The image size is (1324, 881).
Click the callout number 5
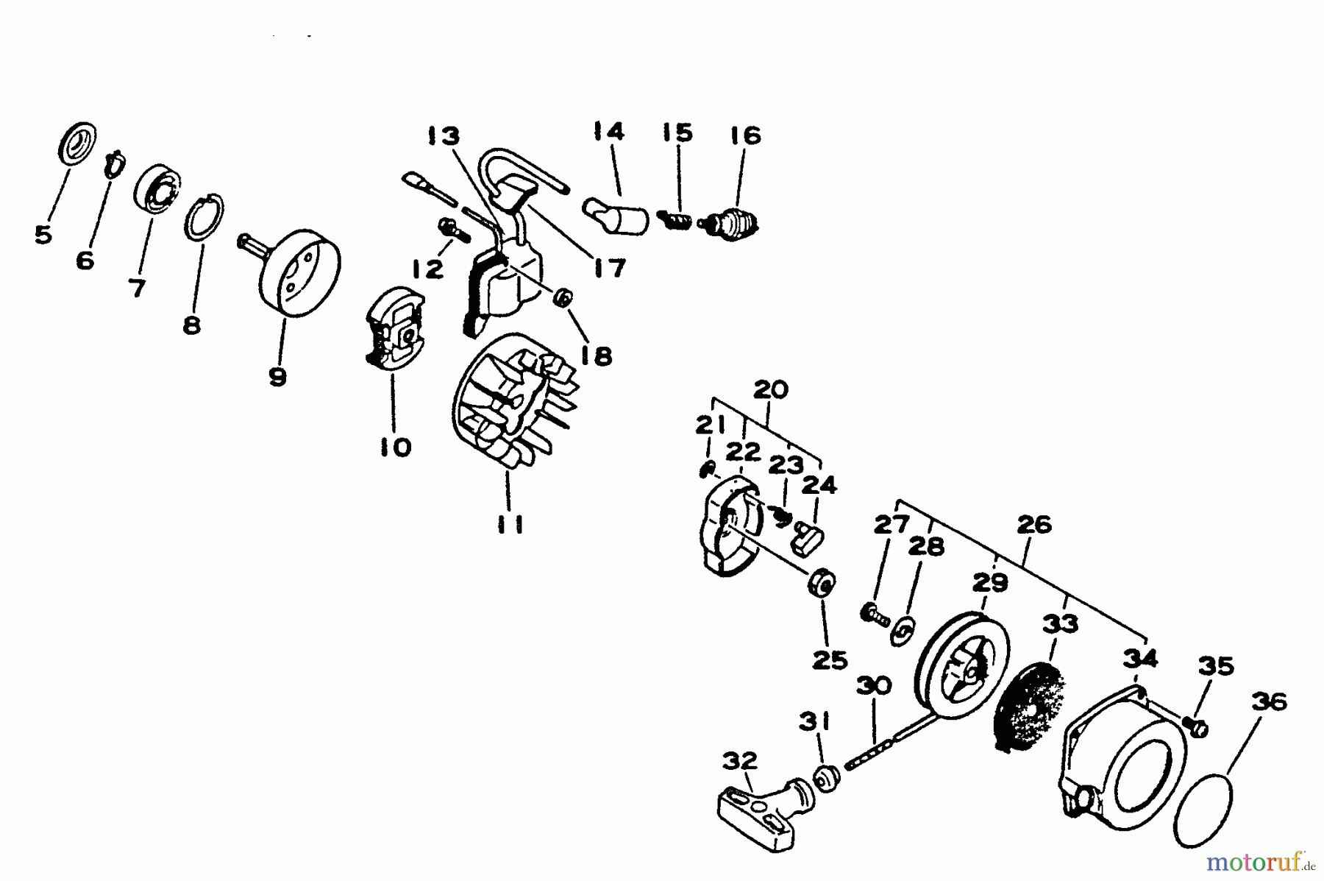pos(43,236)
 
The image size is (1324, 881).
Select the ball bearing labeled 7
pos(157,189)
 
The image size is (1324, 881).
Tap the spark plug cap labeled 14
pos(617,213)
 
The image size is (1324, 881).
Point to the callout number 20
pos(770,389)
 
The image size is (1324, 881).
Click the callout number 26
pos(1033,525)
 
